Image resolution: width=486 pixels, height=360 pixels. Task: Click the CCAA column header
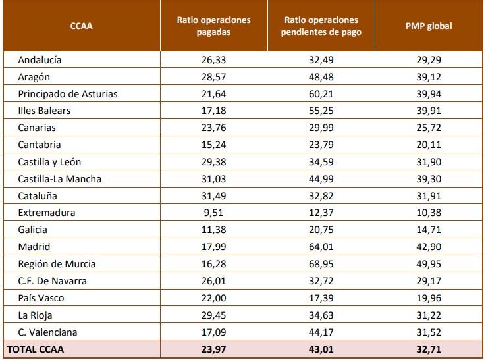pos(82,26)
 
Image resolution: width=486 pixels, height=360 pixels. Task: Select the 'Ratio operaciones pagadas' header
pos(213,26)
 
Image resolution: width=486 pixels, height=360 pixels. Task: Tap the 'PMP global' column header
pos(429,26)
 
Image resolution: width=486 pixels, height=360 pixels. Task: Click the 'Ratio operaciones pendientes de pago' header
pos(321,26)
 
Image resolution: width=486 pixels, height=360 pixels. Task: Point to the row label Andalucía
pos(40,59)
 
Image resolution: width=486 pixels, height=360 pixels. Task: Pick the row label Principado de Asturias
pos(68,93)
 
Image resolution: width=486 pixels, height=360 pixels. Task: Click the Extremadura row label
pos(47,213)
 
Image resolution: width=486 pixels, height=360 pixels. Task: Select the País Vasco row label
pos(41,298)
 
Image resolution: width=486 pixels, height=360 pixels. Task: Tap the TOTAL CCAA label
pos(36,348)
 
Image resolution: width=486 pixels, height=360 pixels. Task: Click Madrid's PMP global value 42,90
pos(429,247)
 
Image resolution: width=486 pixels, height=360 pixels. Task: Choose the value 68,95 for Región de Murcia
pos(321,264)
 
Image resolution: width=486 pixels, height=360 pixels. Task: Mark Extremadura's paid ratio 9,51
pos(213,213)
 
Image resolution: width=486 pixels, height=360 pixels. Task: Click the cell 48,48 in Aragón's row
pos(321,76)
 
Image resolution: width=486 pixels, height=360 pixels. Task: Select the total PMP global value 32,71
pos(429,348)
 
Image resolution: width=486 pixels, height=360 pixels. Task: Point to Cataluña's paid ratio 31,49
pos(213,195)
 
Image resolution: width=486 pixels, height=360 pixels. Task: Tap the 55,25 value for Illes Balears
pos(321,111)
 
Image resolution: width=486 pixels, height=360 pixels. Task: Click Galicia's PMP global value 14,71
pos(429,230)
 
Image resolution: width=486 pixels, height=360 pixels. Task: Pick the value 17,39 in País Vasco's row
pos(321,298)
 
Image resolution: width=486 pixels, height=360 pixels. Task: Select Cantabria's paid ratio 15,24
pos(213,145)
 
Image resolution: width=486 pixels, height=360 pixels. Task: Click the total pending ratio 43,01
pos(321,348)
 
